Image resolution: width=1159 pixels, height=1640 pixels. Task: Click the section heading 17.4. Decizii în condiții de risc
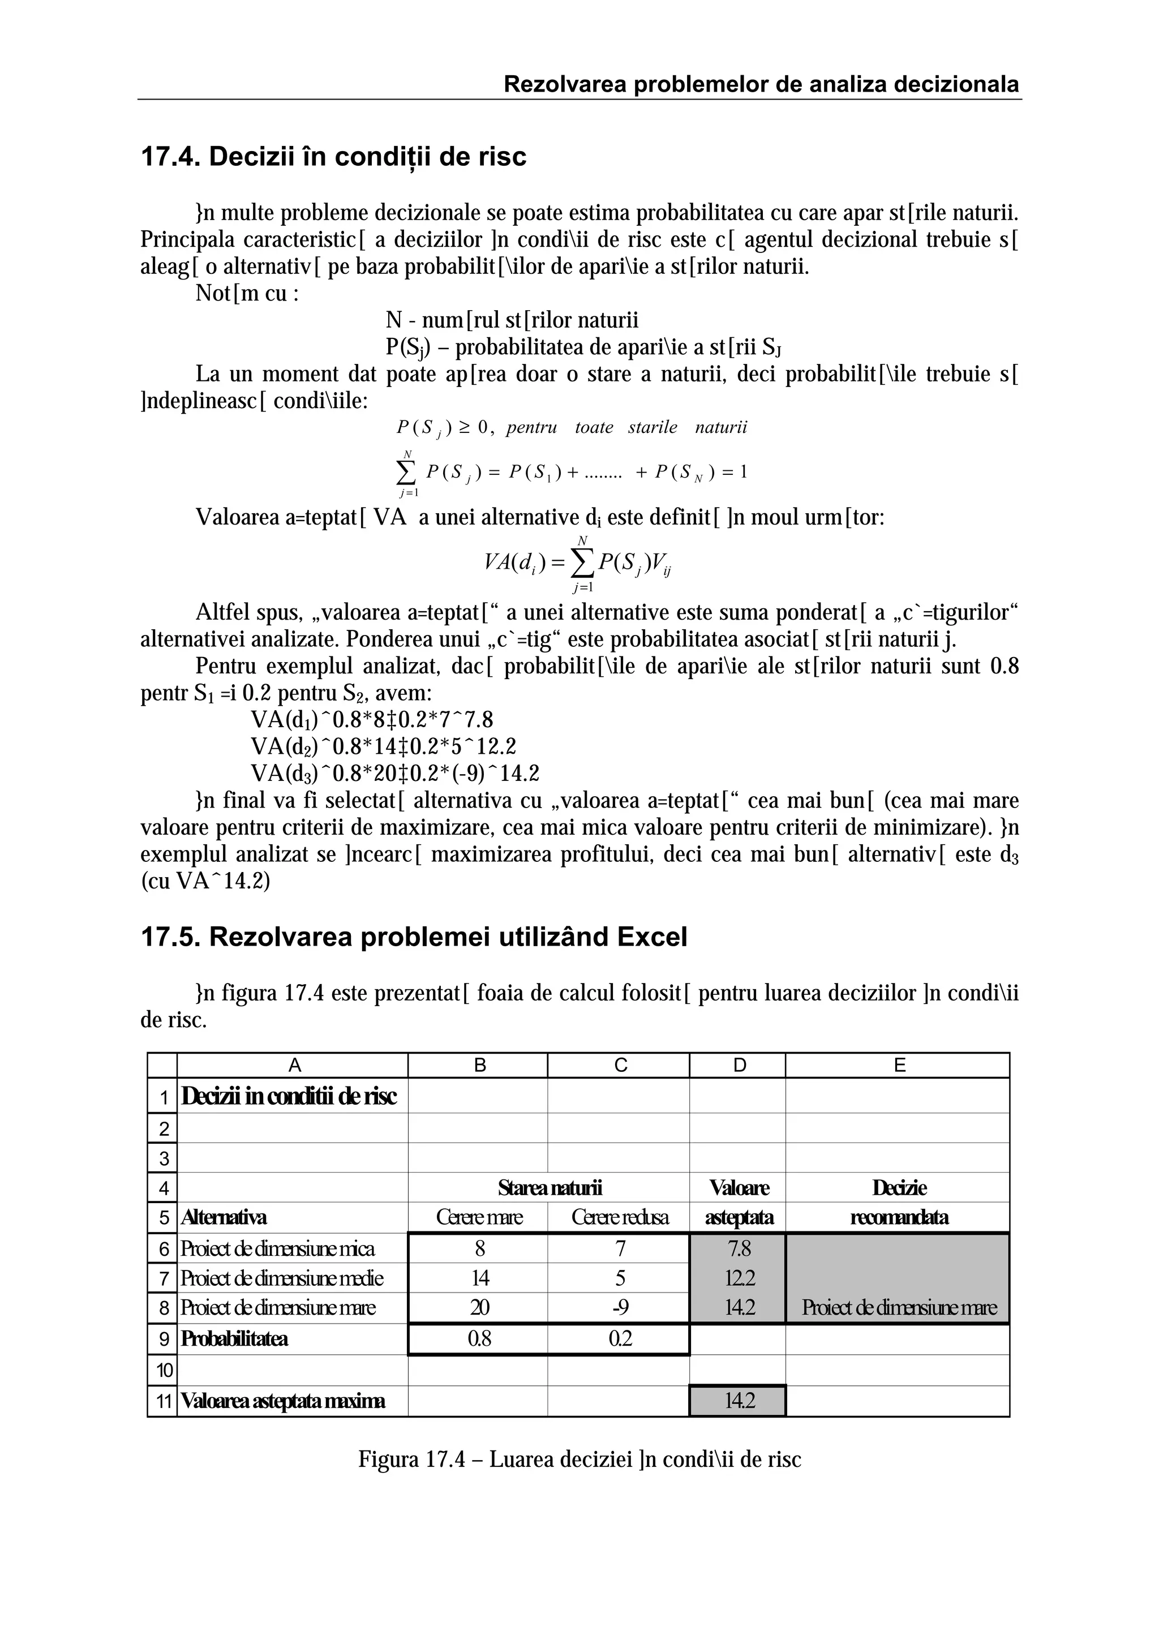333,156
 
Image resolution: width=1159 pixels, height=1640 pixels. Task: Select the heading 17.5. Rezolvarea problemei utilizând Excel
414,937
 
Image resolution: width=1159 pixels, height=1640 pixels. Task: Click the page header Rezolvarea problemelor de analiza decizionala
761,84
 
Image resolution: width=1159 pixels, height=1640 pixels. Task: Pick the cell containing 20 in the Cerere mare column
479,1307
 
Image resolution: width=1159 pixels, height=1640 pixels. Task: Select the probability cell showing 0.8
479,1338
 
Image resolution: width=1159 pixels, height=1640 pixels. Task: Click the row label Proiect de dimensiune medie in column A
281,1277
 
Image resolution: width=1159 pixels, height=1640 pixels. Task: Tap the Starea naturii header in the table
549,1188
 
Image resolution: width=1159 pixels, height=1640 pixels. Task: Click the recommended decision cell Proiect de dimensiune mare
898,1307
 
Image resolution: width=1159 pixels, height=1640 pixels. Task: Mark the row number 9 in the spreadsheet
164,1338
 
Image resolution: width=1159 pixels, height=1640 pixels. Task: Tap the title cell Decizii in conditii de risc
289,1096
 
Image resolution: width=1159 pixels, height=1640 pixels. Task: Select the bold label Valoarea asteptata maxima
283,1401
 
